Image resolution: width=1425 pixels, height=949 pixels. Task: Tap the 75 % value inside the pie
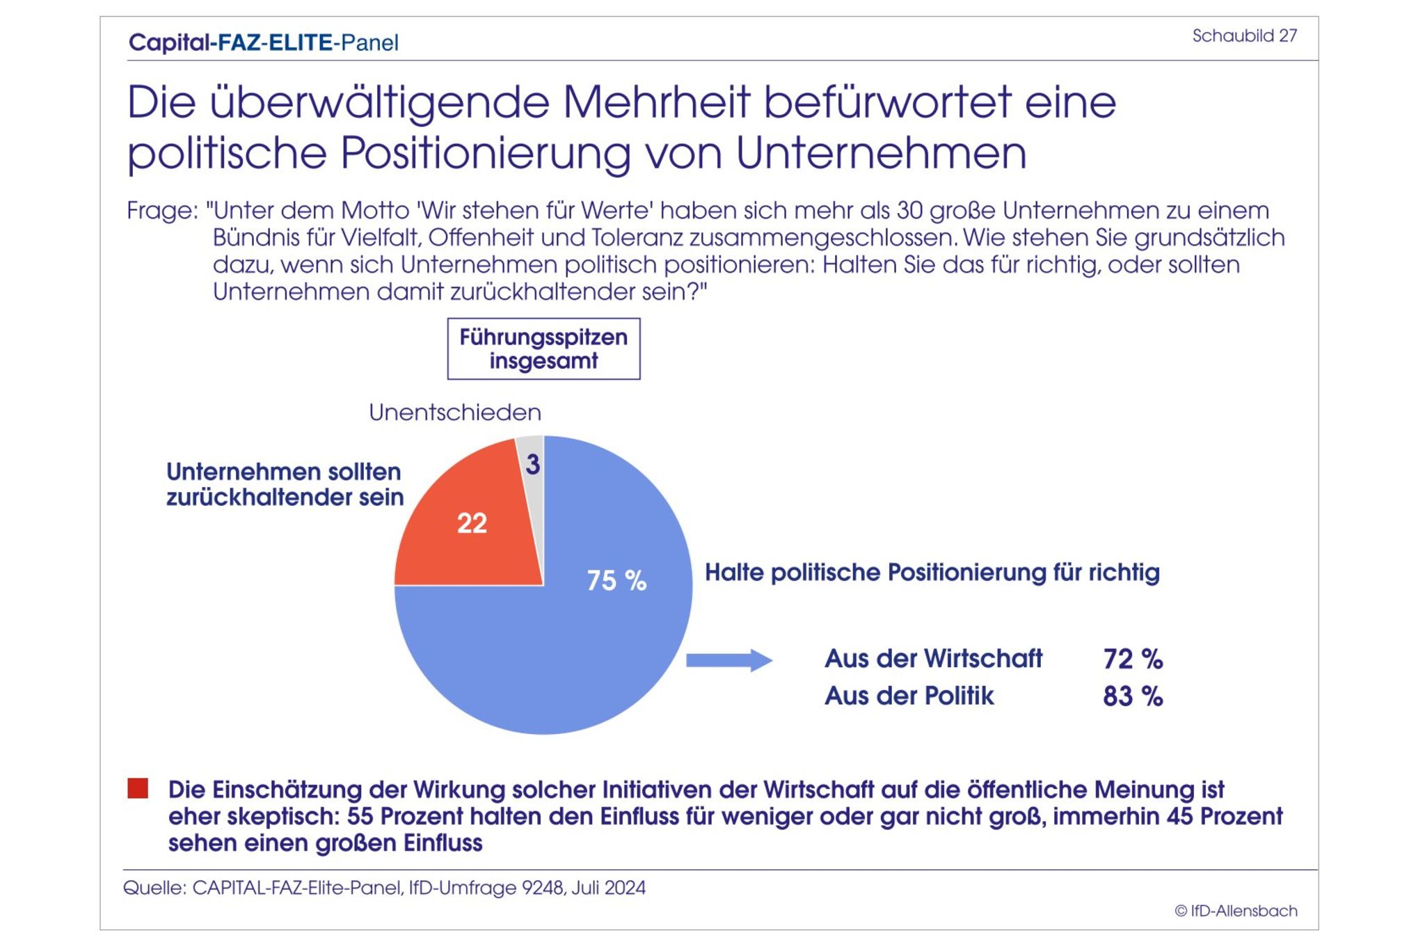(616, 581)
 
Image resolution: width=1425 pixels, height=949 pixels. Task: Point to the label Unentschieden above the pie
(455, 413)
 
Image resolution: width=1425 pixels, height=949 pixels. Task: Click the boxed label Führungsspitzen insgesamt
(543, 349)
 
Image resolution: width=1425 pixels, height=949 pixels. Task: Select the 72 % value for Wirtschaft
(1133, 659)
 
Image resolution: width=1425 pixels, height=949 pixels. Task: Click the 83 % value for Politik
(1133, 696)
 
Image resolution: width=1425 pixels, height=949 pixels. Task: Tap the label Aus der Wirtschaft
(933, 659)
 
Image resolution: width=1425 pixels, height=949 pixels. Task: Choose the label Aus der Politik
(909, 696)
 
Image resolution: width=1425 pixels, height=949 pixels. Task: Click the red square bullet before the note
(138, 788)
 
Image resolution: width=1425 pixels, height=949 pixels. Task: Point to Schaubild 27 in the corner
(1244, 36)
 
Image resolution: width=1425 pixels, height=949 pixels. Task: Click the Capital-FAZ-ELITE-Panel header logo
(264, 43)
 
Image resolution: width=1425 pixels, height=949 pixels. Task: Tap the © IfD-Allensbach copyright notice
(1236, 911)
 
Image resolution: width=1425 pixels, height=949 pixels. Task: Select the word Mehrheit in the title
(656, 102)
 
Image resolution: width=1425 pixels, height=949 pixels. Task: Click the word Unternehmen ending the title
(881, 153)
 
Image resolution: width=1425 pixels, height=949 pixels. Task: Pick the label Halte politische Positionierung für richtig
(932, 573)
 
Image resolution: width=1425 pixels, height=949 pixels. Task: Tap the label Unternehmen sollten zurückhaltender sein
(285, 484)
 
